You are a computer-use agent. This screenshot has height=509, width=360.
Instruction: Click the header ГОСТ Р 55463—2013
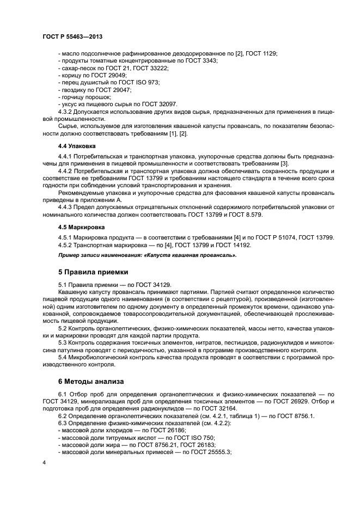[72, 36]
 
